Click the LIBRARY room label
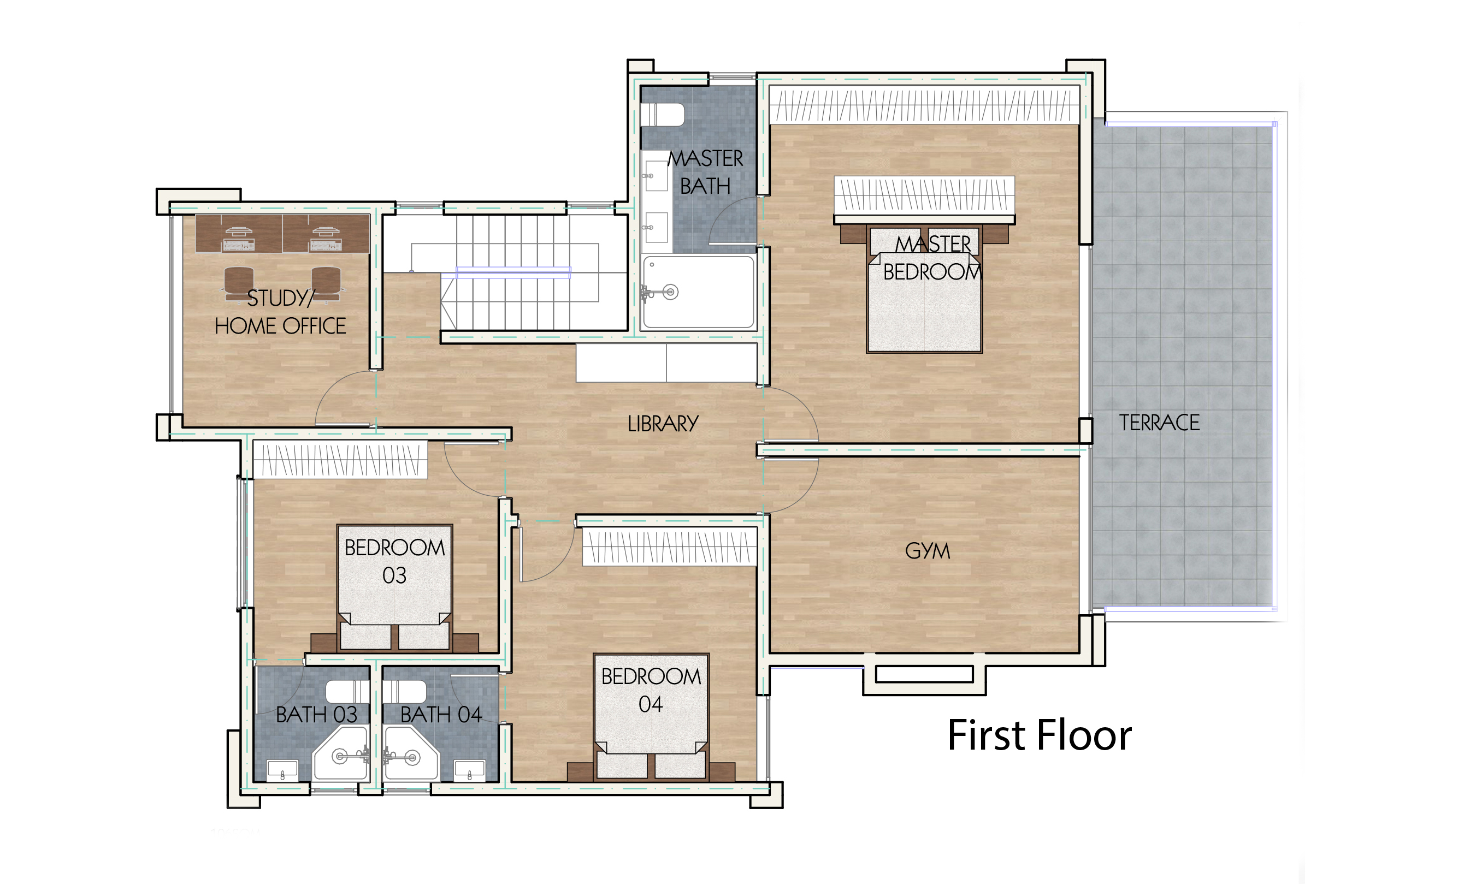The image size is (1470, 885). point(663,424)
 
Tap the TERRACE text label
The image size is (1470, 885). point(1159,423)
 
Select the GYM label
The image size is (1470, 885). point(927,550)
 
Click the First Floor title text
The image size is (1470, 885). point(1039,735)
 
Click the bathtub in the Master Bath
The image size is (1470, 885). point(698,292)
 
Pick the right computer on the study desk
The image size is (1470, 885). point(326,239)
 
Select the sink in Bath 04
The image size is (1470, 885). point(470,770)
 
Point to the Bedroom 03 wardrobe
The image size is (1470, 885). point(340,460)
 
